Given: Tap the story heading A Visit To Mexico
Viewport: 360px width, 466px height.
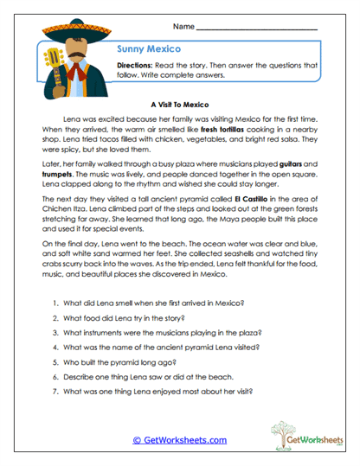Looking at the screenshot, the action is (x=179, y=100).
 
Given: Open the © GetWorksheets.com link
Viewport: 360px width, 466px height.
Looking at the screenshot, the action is (x=179, y=439).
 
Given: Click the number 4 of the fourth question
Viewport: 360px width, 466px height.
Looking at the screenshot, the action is (x=55, y=348).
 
